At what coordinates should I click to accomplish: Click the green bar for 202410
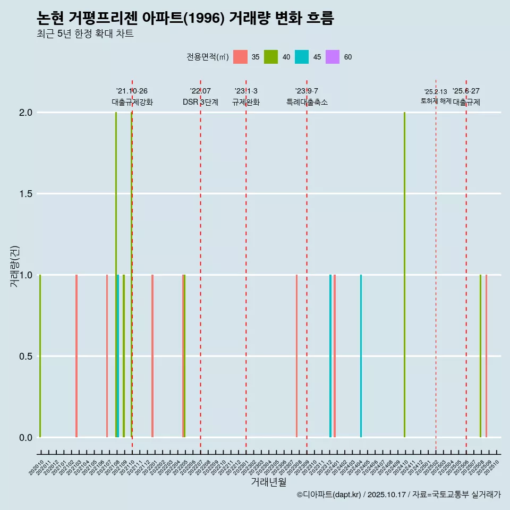coord(404,275)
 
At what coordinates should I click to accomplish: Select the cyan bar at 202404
coord(361,356)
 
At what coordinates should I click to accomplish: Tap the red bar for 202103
coord(76,356)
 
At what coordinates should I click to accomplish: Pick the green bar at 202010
coord(40,356)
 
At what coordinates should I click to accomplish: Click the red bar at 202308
coord(296,356)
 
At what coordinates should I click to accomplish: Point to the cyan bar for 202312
coord(330,356)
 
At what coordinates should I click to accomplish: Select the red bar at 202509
coord(486,356)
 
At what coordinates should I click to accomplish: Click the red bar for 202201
coord(152,356)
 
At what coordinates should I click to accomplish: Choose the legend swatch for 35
coord(240,57)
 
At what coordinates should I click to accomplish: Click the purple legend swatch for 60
coord(333,57)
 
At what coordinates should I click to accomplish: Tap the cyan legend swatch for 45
coord(302,57)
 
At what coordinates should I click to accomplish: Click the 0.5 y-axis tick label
coord(25,356)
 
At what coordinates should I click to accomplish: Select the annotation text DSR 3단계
coord(200,102)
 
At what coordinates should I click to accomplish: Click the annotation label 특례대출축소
coord(307,102)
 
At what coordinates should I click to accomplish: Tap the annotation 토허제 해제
coord(436,100)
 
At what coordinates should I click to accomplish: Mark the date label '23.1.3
coord(246,91)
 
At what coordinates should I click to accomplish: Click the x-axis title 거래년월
coord(268,482)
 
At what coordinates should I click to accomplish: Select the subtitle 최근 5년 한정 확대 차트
coord(85,34)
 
